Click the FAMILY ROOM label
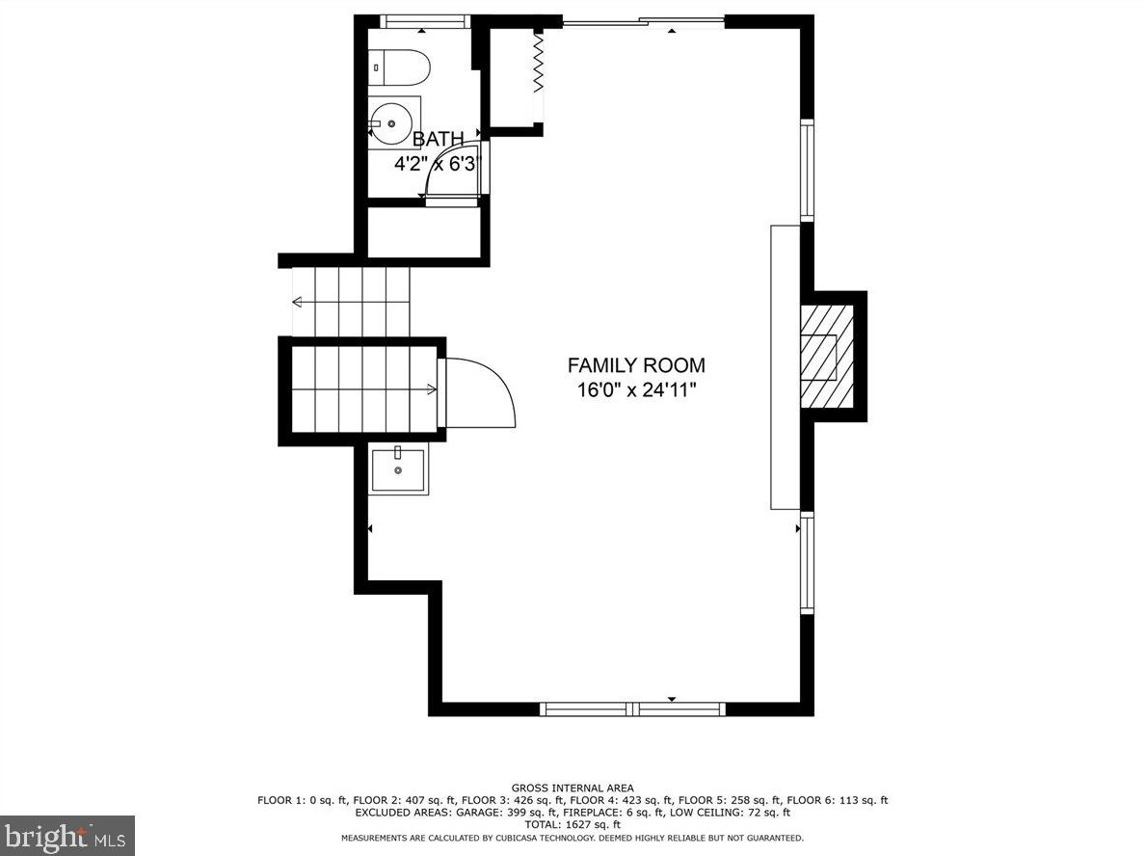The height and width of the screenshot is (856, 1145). click(x=636, y=365)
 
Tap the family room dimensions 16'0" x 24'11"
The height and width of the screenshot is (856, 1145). click(x=637, y=390)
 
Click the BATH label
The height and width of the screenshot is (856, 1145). click(x=439, y=140)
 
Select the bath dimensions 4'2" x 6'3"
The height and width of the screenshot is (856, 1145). click(x=439, y=164)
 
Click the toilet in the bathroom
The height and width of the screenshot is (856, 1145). click(x=399, y=67)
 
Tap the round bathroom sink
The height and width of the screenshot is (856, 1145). click(x=394, y=122)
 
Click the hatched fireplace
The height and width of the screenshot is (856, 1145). click(x=827, y=357)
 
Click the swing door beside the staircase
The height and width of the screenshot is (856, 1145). click(x=480, y=392)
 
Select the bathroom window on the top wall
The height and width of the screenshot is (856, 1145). click(x=425, y=22)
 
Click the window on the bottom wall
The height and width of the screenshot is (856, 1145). click(x=633, y=709)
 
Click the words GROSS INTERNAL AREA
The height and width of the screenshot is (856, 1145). click(x=572, y=789)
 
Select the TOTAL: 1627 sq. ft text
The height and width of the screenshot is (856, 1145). click(x=572, y=824)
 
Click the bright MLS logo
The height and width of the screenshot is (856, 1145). click(x=67, y=836)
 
